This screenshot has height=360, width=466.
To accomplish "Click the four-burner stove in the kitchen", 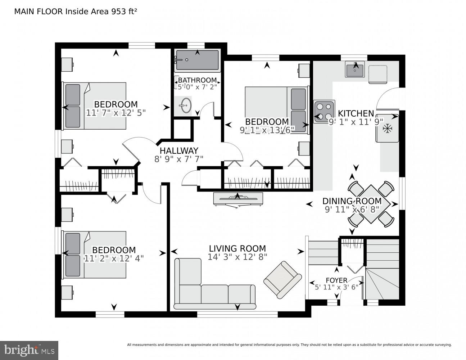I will [324, 112].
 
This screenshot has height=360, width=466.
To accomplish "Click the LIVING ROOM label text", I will [237, 248].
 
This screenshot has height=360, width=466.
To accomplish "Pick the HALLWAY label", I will [179, 151].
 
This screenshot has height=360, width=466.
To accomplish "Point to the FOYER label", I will [336, 280].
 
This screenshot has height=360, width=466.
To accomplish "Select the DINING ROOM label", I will [352, 201].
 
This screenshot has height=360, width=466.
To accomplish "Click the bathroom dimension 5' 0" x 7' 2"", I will [197, 86].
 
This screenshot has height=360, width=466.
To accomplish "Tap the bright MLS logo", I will [29, 350].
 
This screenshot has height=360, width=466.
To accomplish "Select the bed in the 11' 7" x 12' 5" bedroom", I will [95, 106].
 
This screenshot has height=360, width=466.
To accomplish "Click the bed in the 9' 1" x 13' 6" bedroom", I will [276, 110].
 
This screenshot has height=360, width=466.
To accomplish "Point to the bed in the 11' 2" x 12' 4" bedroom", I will [95, 255].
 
